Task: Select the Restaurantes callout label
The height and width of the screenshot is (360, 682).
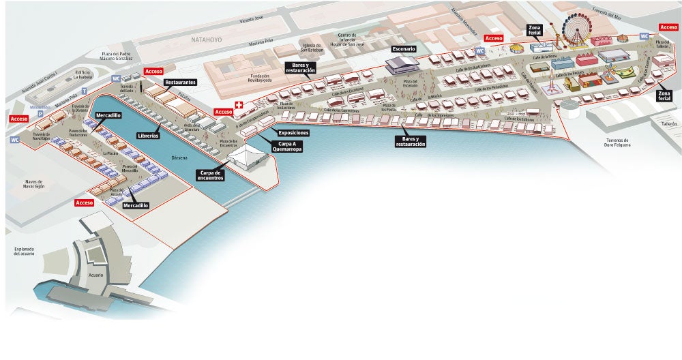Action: pos(180,82)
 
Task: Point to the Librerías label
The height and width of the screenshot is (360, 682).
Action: pos(148,136)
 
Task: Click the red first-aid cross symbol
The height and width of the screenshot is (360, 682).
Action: pos(238,105)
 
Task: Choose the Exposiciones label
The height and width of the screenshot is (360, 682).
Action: pos(293,133)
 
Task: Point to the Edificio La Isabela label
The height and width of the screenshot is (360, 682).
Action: pos(83,74)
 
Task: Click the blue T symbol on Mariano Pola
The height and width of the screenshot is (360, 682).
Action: pos(84,90)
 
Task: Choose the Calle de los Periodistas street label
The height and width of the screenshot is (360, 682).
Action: pos(489,87)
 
